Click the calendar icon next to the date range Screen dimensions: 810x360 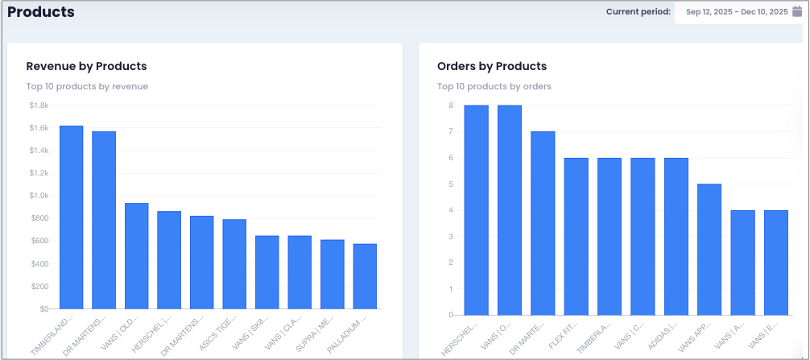point(797,11)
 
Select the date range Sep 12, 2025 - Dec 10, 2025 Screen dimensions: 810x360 point(737,12)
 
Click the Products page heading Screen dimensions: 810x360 point(41,12)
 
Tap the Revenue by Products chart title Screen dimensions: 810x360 point(86,66)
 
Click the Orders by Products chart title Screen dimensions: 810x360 point(492,66)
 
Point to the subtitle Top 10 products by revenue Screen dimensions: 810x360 point(87,86)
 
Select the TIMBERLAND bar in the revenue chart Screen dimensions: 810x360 point(72,217)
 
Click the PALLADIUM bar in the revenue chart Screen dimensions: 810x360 point(365,276)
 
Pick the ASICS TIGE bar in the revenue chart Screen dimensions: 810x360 point(234,264)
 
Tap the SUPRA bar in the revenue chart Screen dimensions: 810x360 point(333,275)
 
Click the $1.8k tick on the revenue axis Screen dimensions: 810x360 point(39,106)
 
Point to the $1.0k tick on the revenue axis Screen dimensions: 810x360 point(39,196)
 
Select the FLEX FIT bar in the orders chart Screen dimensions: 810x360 point(576,237)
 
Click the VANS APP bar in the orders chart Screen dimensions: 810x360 point(709,250)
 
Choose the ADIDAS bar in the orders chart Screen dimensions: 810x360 point(676,237)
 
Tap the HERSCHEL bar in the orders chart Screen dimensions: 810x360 point(477,210)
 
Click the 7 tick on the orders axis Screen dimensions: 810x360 point(451,131)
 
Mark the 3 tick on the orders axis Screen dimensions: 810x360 point(451,237)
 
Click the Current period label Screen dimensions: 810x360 point(638,11)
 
